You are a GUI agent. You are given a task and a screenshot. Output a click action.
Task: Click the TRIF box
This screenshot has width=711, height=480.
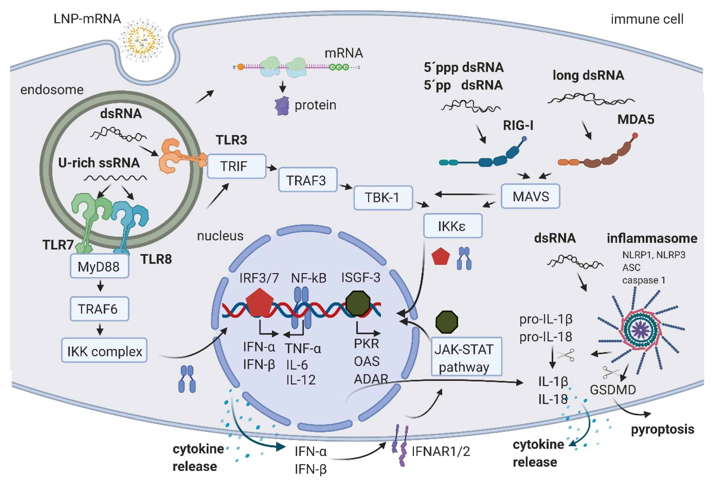pos(236,166)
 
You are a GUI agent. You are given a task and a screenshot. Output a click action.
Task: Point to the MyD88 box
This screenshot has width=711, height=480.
pos(99,266)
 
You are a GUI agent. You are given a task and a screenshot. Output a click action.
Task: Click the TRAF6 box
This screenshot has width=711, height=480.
pos(99,309)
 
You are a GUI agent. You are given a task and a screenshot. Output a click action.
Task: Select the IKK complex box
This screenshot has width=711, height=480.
pos(104,351)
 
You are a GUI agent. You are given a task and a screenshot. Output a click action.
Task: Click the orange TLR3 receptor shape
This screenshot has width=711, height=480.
pos(171,156)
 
